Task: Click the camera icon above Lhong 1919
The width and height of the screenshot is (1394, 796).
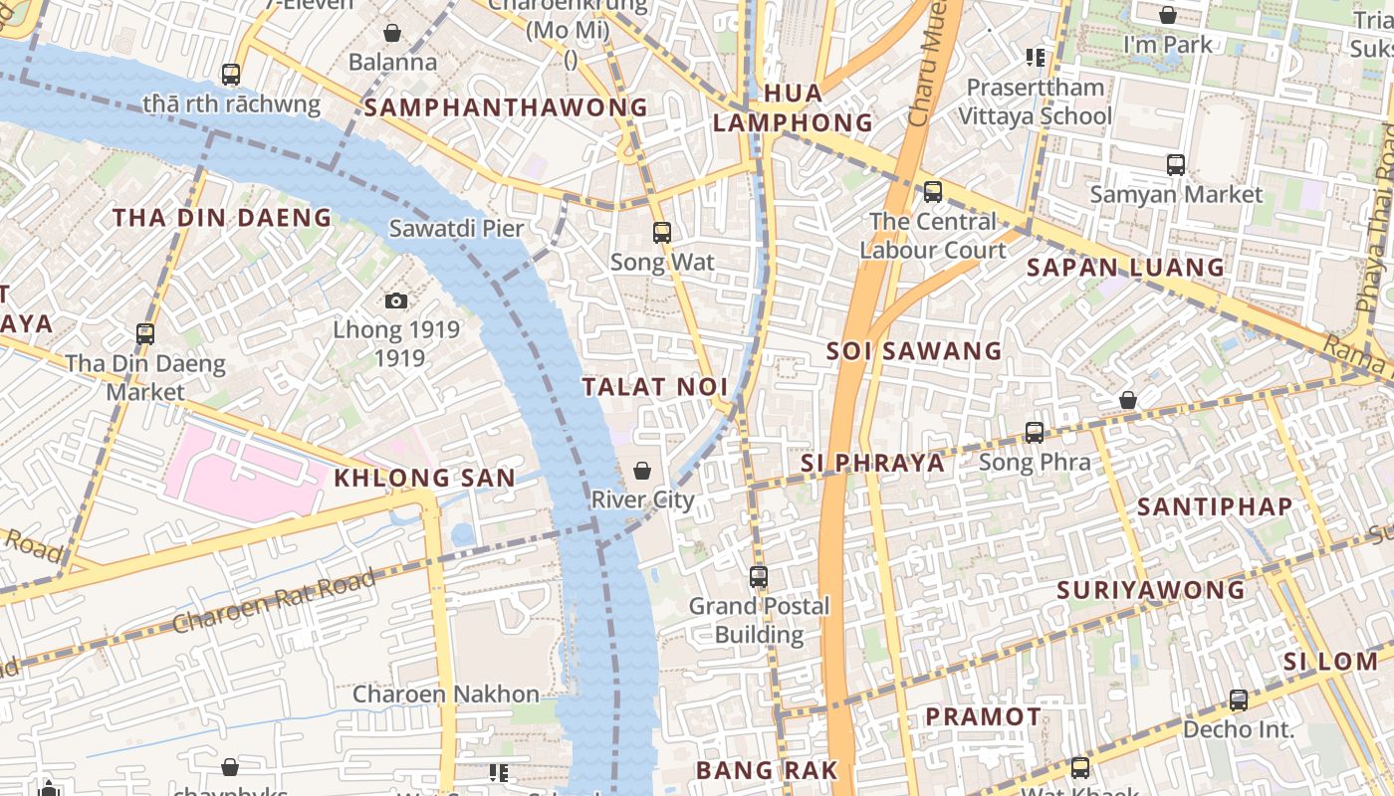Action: click(395, 300)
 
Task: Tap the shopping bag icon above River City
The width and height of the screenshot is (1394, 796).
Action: click(642, 471)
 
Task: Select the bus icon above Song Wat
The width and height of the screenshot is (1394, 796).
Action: click(662, 233)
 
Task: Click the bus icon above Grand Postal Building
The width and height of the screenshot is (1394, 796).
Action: click(759, 576)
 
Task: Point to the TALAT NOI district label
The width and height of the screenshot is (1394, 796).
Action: click(655, 387)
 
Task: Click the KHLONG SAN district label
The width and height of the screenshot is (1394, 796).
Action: click(424, 478)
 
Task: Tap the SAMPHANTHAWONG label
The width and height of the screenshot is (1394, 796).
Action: click(506, 107)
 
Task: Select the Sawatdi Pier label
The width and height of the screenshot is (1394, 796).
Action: click(456, 228)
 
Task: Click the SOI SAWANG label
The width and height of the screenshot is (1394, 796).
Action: click(914, 350)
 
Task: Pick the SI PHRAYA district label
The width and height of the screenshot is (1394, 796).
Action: click(872, 463)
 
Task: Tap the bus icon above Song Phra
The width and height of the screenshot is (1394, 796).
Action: click(1035, 433)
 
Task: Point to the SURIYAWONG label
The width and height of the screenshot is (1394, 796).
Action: click(1150, 590)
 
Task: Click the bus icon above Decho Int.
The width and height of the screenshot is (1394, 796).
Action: click(1239, 699)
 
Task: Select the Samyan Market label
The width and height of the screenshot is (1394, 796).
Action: click(1176, 194)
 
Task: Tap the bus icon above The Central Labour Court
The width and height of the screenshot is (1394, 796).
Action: click(933, 191)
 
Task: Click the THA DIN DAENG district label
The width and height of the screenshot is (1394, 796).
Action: click(221, 218)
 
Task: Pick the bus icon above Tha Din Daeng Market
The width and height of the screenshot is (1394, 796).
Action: click(145, 334)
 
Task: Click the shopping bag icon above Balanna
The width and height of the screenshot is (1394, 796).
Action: click(392, 33)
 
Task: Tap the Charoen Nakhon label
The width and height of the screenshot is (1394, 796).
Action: click(446, 694)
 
